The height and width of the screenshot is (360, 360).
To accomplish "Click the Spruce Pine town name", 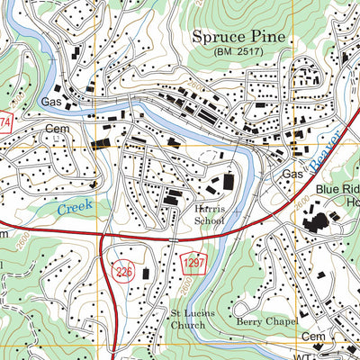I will pyautogui.click(x=238, y=38).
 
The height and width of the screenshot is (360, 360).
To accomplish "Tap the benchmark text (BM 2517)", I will pyautogui.click(x=238, y=54).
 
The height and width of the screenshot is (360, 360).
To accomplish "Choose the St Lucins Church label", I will pyautogui.click(x=190, y=320).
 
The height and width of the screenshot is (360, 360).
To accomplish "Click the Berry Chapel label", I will pyautogui.click(x=261, y=319).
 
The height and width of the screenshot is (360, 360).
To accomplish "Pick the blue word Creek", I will pyautogui.click(x=76, y=207).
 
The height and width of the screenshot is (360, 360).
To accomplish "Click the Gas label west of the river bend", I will pyautogui.click(x=50, y=103).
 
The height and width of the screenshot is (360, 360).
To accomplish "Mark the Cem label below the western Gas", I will pyautogui.click(x=56, y=130).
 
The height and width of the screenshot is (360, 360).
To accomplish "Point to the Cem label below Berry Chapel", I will pyautogui.click(x=313, y=336).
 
